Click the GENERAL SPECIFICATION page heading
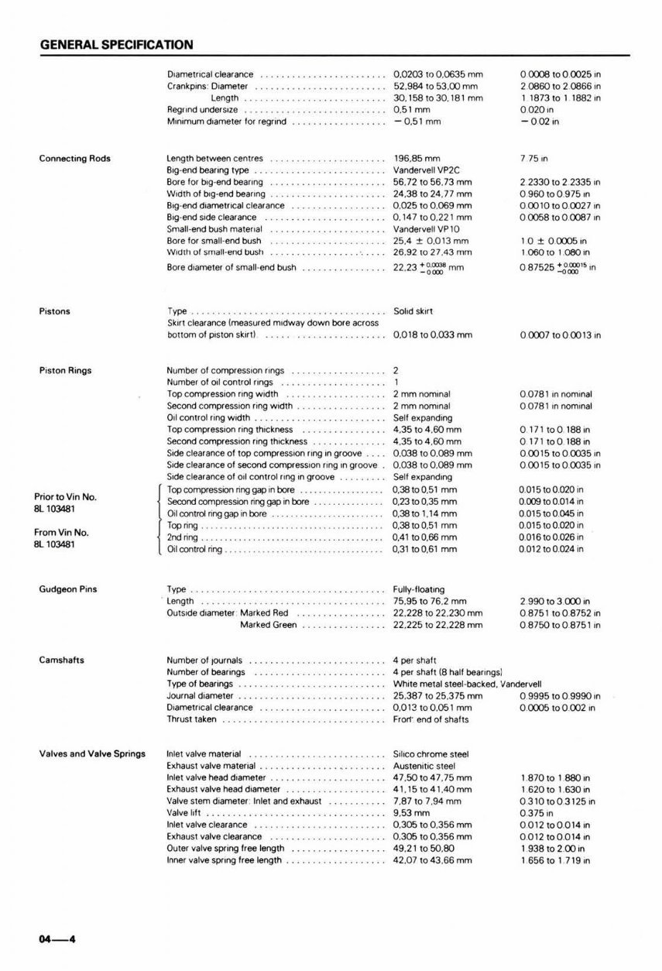tap(116, 45)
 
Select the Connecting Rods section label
tap(74, 159)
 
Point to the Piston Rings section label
tap(65, 370)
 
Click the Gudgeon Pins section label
tap(65, 589)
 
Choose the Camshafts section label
tap(62, 660)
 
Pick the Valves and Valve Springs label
tap(92, 754)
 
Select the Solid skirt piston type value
tap(413, 311)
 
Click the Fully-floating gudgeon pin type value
tap(419, 589)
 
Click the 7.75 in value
tap(534, 159)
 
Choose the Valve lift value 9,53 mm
tap(411, 813)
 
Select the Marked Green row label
tap(268, 625)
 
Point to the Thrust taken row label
tap(192, 719)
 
